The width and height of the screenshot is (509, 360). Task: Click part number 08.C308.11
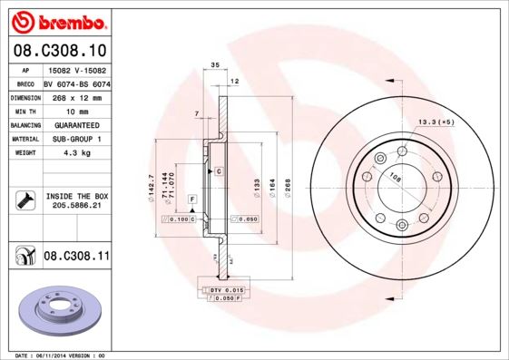(x=77, y=257)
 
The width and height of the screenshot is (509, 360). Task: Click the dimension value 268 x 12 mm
(x=75, y=95)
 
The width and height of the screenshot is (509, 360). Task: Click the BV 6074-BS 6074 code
(x=75, y=82)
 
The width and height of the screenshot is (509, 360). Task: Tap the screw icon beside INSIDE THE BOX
(x=24, y=200)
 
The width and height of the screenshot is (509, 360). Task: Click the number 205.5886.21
(x=75, y=206)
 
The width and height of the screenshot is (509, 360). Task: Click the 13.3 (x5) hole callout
(x=436, y=121)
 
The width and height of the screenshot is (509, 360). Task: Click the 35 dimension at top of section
(x=215, y=65)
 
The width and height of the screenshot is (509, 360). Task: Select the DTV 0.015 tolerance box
(x=222, y=289)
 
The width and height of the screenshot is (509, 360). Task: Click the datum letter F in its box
(x=192, y=198)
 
